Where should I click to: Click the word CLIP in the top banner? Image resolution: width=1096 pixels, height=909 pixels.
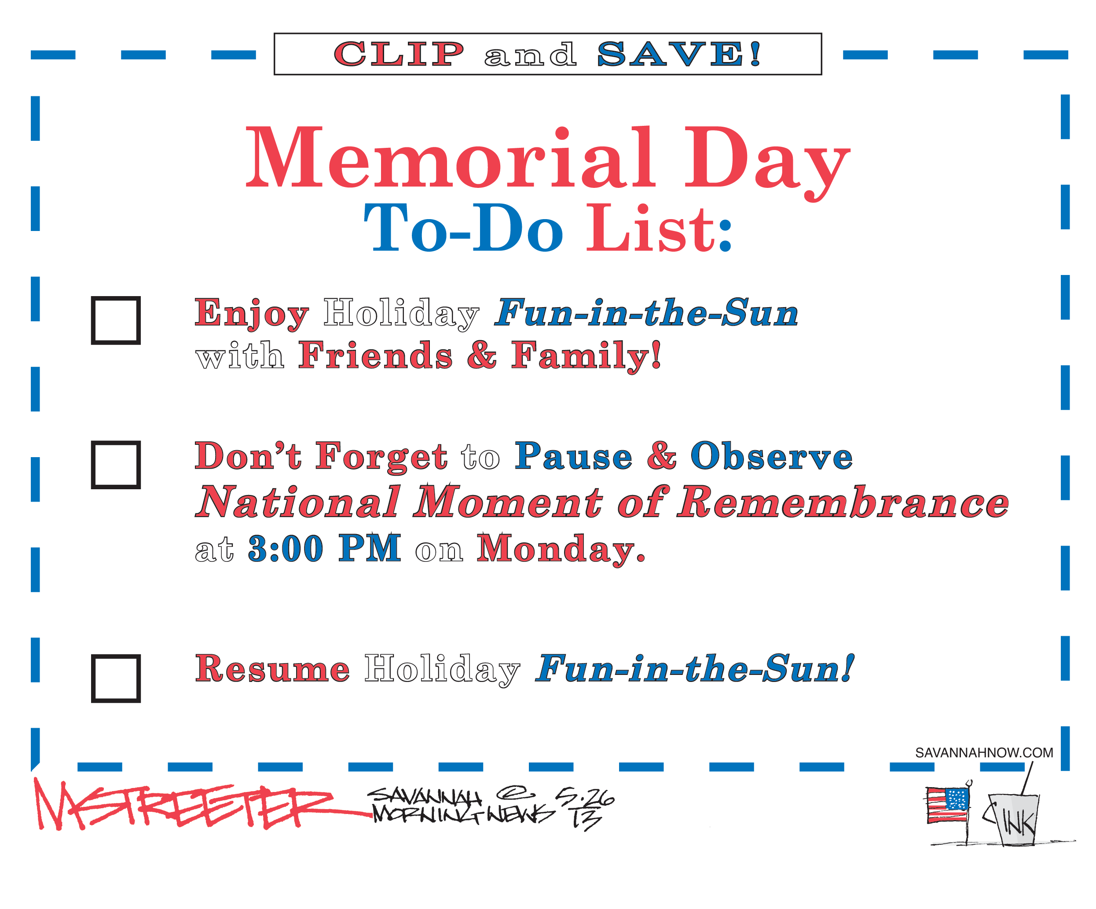click(x=399, y=54)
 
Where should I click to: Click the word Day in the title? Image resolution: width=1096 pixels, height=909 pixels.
click(x=767, y=163)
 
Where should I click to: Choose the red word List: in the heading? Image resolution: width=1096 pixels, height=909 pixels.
click(x=660, y=228)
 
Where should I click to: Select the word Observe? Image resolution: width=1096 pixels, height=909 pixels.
click(x=771, y=456)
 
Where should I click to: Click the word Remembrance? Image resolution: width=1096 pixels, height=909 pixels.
click(x=843, y=502)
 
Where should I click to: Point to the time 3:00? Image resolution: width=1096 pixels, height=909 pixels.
click(x=286, y=548)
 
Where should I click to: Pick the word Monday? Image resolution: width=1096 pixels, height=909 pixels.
click(x=561, y=550)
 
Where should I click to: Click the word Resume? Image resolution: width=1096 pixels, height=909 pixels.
click(x=272, y=668)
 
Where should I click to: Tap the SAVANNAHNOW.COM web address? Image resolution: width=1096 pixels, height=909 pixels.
click(x=984, y=753)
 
